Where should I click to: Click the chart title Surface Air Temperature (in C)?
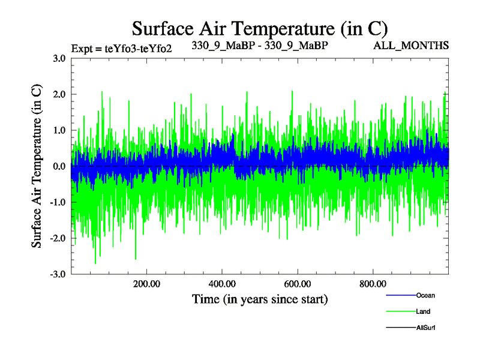[x=260, y=28]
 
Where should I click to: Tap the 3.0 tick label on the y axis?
[x=59, y=58]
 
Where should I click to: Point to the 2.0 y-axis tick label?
[x=59, y=94]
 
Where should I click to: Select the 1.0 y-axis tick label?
[x=59, y=130]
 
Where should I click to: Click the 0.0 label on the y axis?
[x=59, y=166]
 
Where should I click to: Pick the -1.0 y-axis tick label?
[x=58, y=202]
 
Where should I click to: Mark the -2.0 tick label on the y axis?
[x=58, y=238]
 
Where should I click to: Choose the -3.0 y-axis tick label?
[x=58, y=274]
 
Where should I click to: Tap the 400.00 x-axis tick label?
[x=222, y=283]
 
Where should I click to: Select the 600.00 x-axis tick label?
[x=297, y=283]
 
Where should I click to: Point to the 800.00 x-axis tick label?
[x=373, y=283]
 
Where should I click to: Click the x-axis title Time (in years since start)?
[x=260, y=298]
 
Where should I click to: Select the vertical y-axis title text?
[x=37, y=166]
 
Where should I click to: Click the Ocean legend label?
[x=425, y=295]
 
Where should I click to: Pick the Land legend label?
[x=423, y=311]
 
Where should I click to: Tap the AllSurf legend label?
[x=425, y=328]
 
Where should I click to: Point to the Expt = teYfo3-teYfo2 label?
[x=122, y=49]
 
